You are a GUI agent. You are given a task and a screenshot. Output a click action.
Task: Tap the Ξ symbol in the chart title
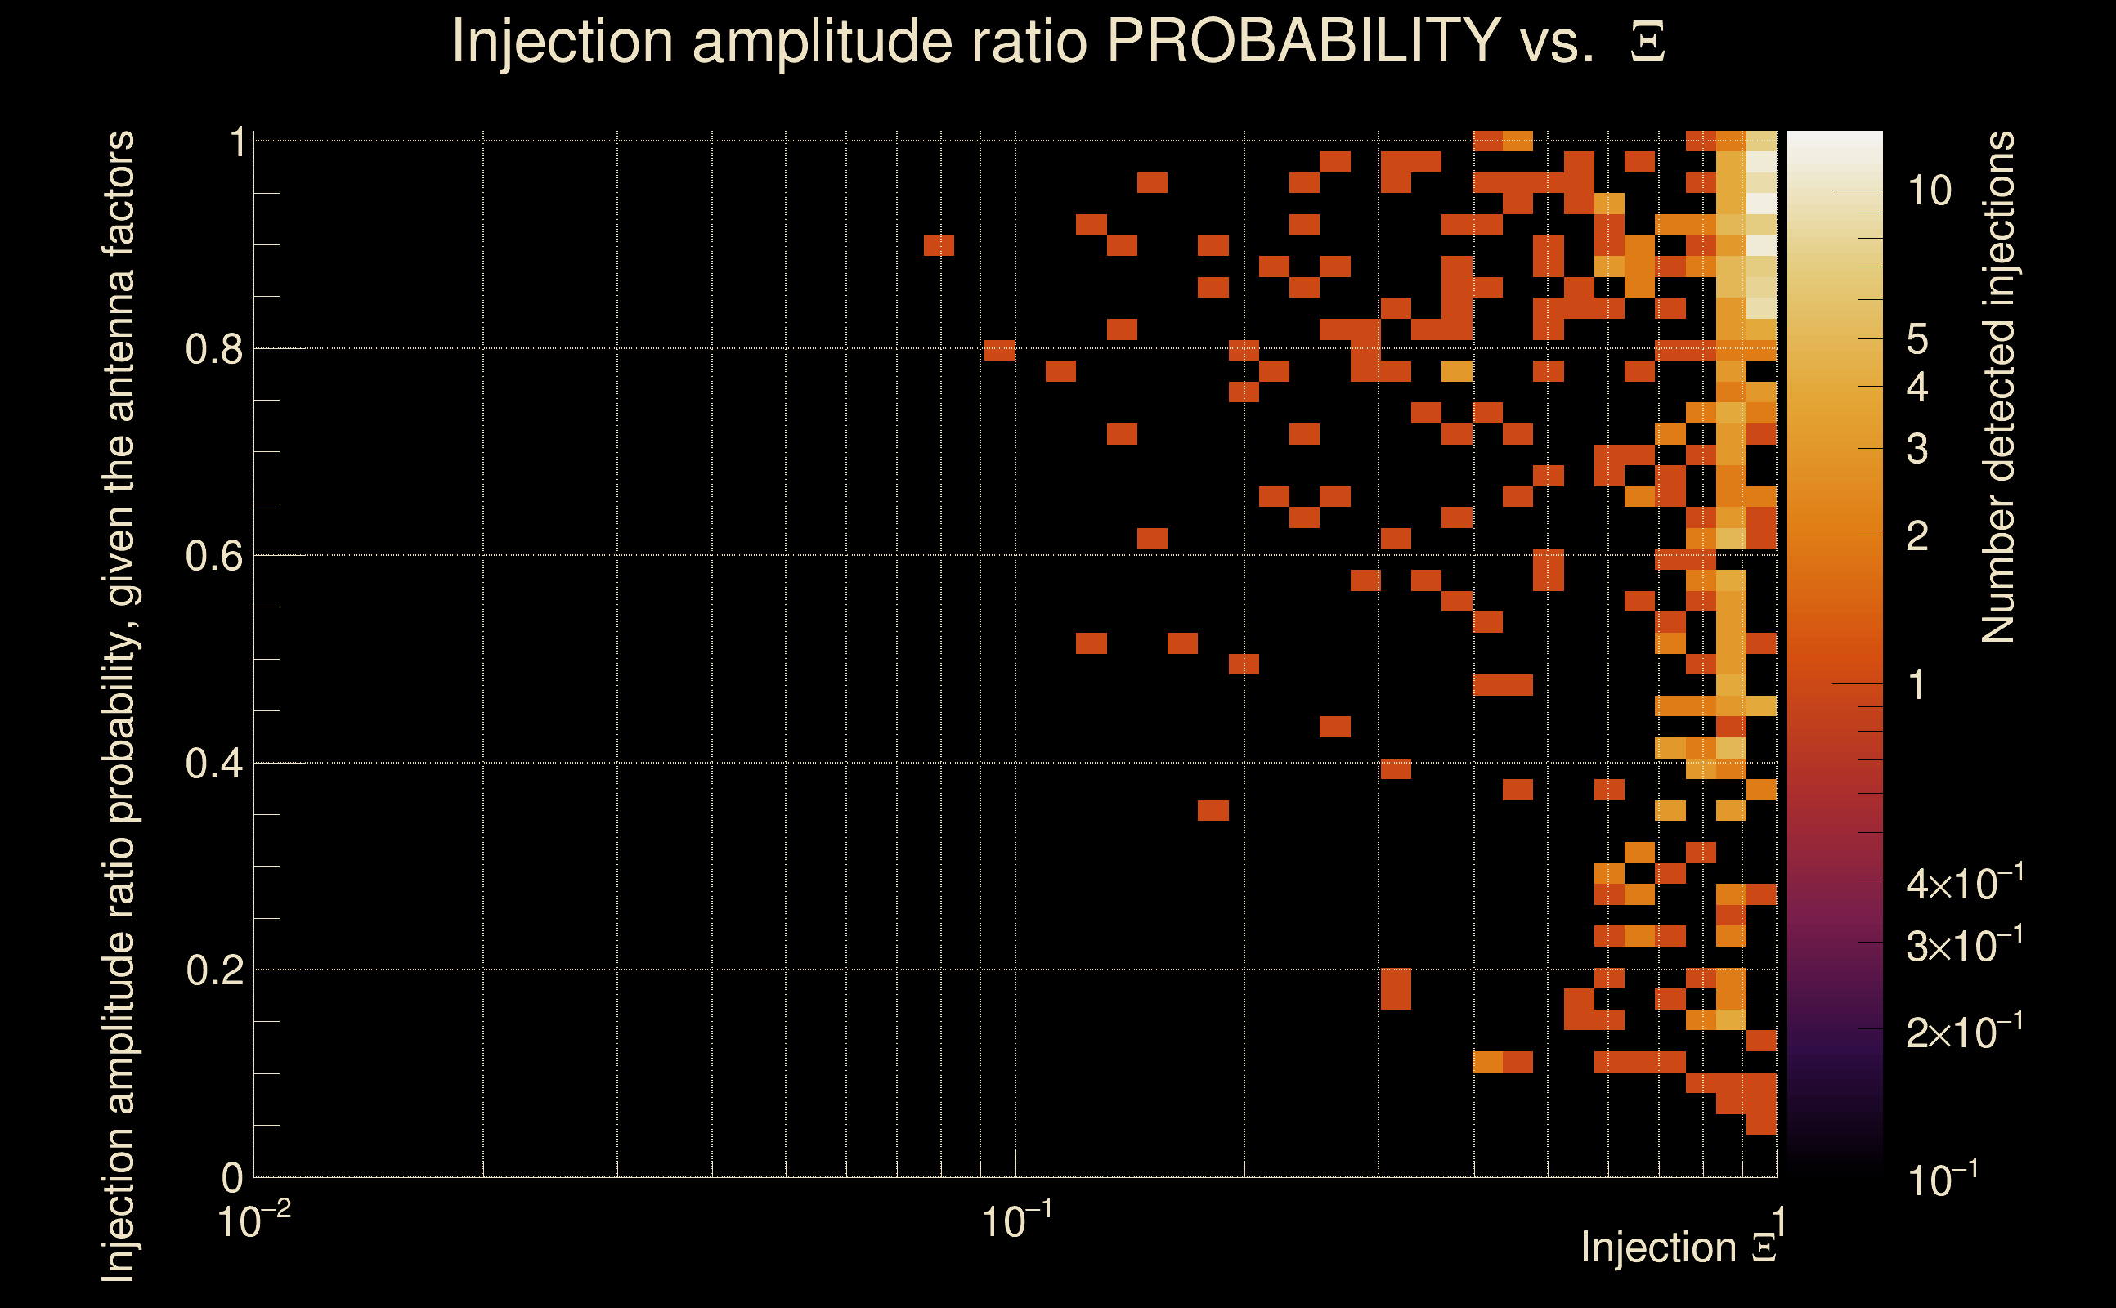[1648, 43]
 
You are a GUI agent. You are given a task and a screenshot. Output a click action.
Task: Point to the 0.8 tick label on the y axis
[213, 350]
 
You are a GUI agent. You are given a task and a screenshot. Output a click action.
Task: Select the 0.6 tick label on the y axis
[213, 556]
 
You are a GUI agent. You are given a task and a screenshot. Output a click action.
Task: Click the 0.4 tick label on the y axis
[213, 764]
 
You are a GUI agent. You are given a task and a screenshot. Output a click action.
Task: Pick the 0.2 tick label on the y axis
[213, 970]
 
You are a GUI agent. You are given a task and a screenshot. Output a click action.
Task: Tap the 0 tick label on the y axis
[233, 1178]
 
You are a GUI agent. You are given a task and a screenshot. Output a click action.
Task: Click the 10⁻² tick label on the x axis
[253, 1221]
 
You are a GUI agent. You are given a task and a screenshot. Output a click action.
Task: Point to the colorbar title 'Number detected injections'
[1997, 387]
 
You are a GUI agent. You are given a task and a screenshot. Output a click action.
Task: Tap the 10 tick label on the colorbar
[1929, 190]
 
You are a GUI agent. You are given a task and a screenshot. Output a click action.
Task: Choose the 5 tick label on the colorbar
[1917, 340]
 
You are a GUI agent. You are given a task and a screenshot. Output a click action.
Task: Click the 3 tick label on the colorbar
[1917, 449]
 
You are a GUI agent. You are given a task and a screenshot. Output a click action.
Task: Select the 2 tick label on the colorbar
[1917, 536]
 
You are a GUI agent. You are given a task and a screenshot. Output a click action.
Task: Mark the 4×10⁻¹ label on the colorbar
[1965, 883]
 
